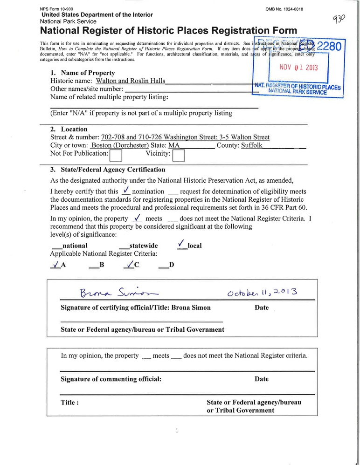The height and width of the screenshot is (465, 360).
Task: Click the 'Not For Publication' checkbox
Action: tap(116, 155)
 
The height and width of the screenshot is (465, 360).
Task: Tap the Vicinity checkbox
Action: tap(179, 155)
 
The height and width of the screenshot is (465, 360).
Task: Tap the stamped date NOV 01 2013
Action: tap(298, 67)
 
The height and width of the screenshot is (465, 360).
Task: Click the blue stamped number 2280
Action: tap(329, 47)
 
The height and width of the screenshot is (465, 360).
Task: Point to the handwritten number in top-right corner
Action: tap(339, 20)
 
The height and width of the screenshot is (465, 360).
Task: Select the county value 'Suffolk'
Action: tap(252, 145)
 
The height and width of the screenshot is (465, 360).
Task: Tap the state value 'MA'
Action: tap(174, 145)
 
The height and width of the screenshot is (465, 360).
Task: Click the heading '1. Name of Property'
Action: tap(82, 73)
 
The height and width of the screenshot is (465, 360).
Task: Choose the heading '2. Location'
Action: tap(69, 129)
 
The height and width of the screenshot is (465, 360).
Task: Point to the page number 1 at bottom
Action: tap(177, 431)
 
